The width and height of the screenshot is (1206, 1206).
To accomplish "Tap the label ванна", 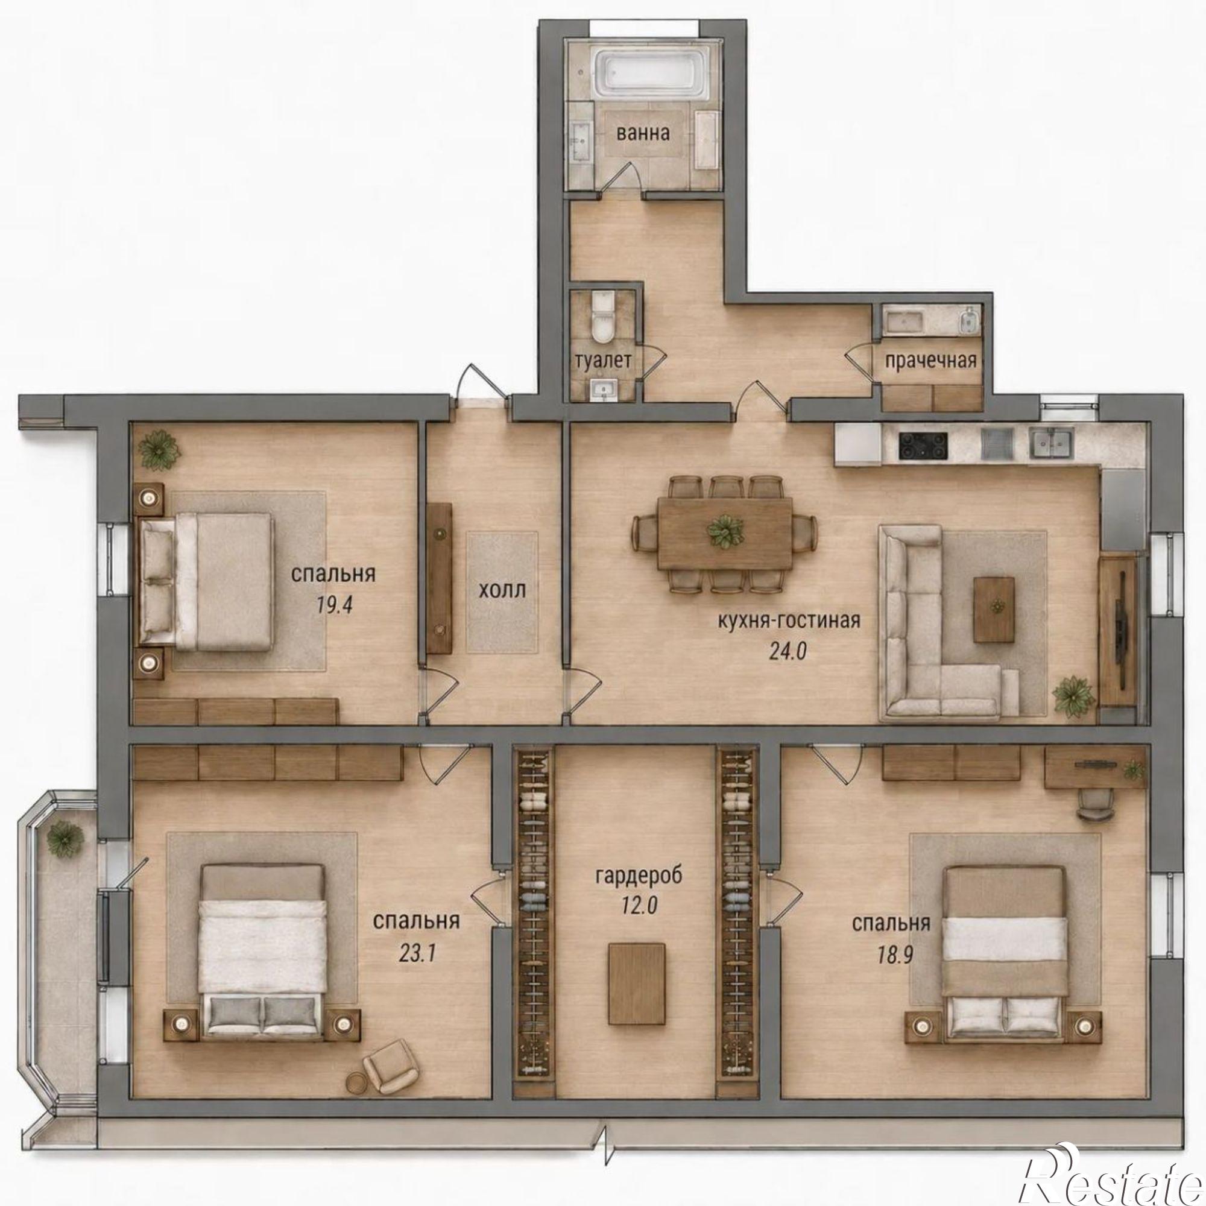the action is click(643, 133).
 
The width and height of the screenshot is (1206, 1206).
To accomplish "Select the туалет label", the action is click(603, 361).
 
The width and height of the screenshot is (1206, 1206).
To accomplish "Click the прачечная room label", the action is click(930, 361).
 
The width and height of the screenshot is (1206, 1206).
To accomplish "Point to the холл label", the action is click(502, 589).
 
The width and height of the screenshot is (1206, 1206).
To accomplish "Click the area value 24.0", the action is click(789, 652).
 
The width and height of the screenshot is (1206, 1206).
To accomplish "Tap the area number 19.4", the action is click(334, 604).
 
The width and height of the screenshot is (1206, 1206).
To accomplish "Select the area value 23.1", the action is click(416, 953).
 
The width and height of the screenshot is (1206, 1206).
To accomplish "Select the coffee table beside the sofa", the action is click(994, 609).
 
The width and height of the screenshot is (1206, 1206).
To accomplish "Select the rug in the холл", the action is click(502, 592).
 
